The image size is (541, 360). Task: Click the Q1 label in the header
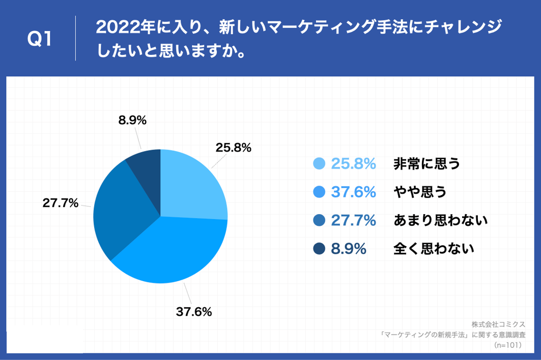pos(39,39)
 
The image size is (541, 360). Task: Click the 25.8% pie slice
pos(191,186)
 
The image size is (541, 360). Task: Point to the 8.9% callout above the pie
pos(132,121)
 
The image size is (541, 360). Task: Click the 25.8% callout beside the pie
pos(234,148)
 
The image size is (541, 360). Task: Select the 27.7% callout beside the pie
pos(60,203)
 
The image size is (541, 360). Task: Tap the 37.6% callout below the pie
pos(194,312)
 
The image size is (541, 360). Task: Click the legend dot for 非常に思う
pos(319,164)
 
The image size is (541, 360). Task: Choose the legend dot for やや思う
pos(319,192)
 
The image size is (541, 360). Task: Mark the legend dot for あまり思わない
pos(319,221)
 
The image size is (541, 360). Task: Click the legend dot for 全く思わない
pos(319,249)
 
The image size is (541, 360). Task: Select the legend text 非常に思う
pos(426,164)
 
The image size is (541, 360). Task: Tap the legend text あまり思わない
pos(440,221)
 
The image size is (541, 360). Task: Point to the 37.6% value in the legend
pos(354,192)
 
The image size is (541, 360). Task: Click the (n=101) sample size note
pos(510,345)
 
